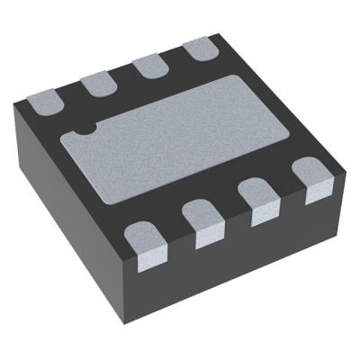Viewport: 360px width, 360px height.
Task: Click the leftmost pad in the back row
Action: (46, 102)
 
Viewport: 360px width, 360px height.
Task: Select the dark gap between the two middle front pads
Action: (230, 216)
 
